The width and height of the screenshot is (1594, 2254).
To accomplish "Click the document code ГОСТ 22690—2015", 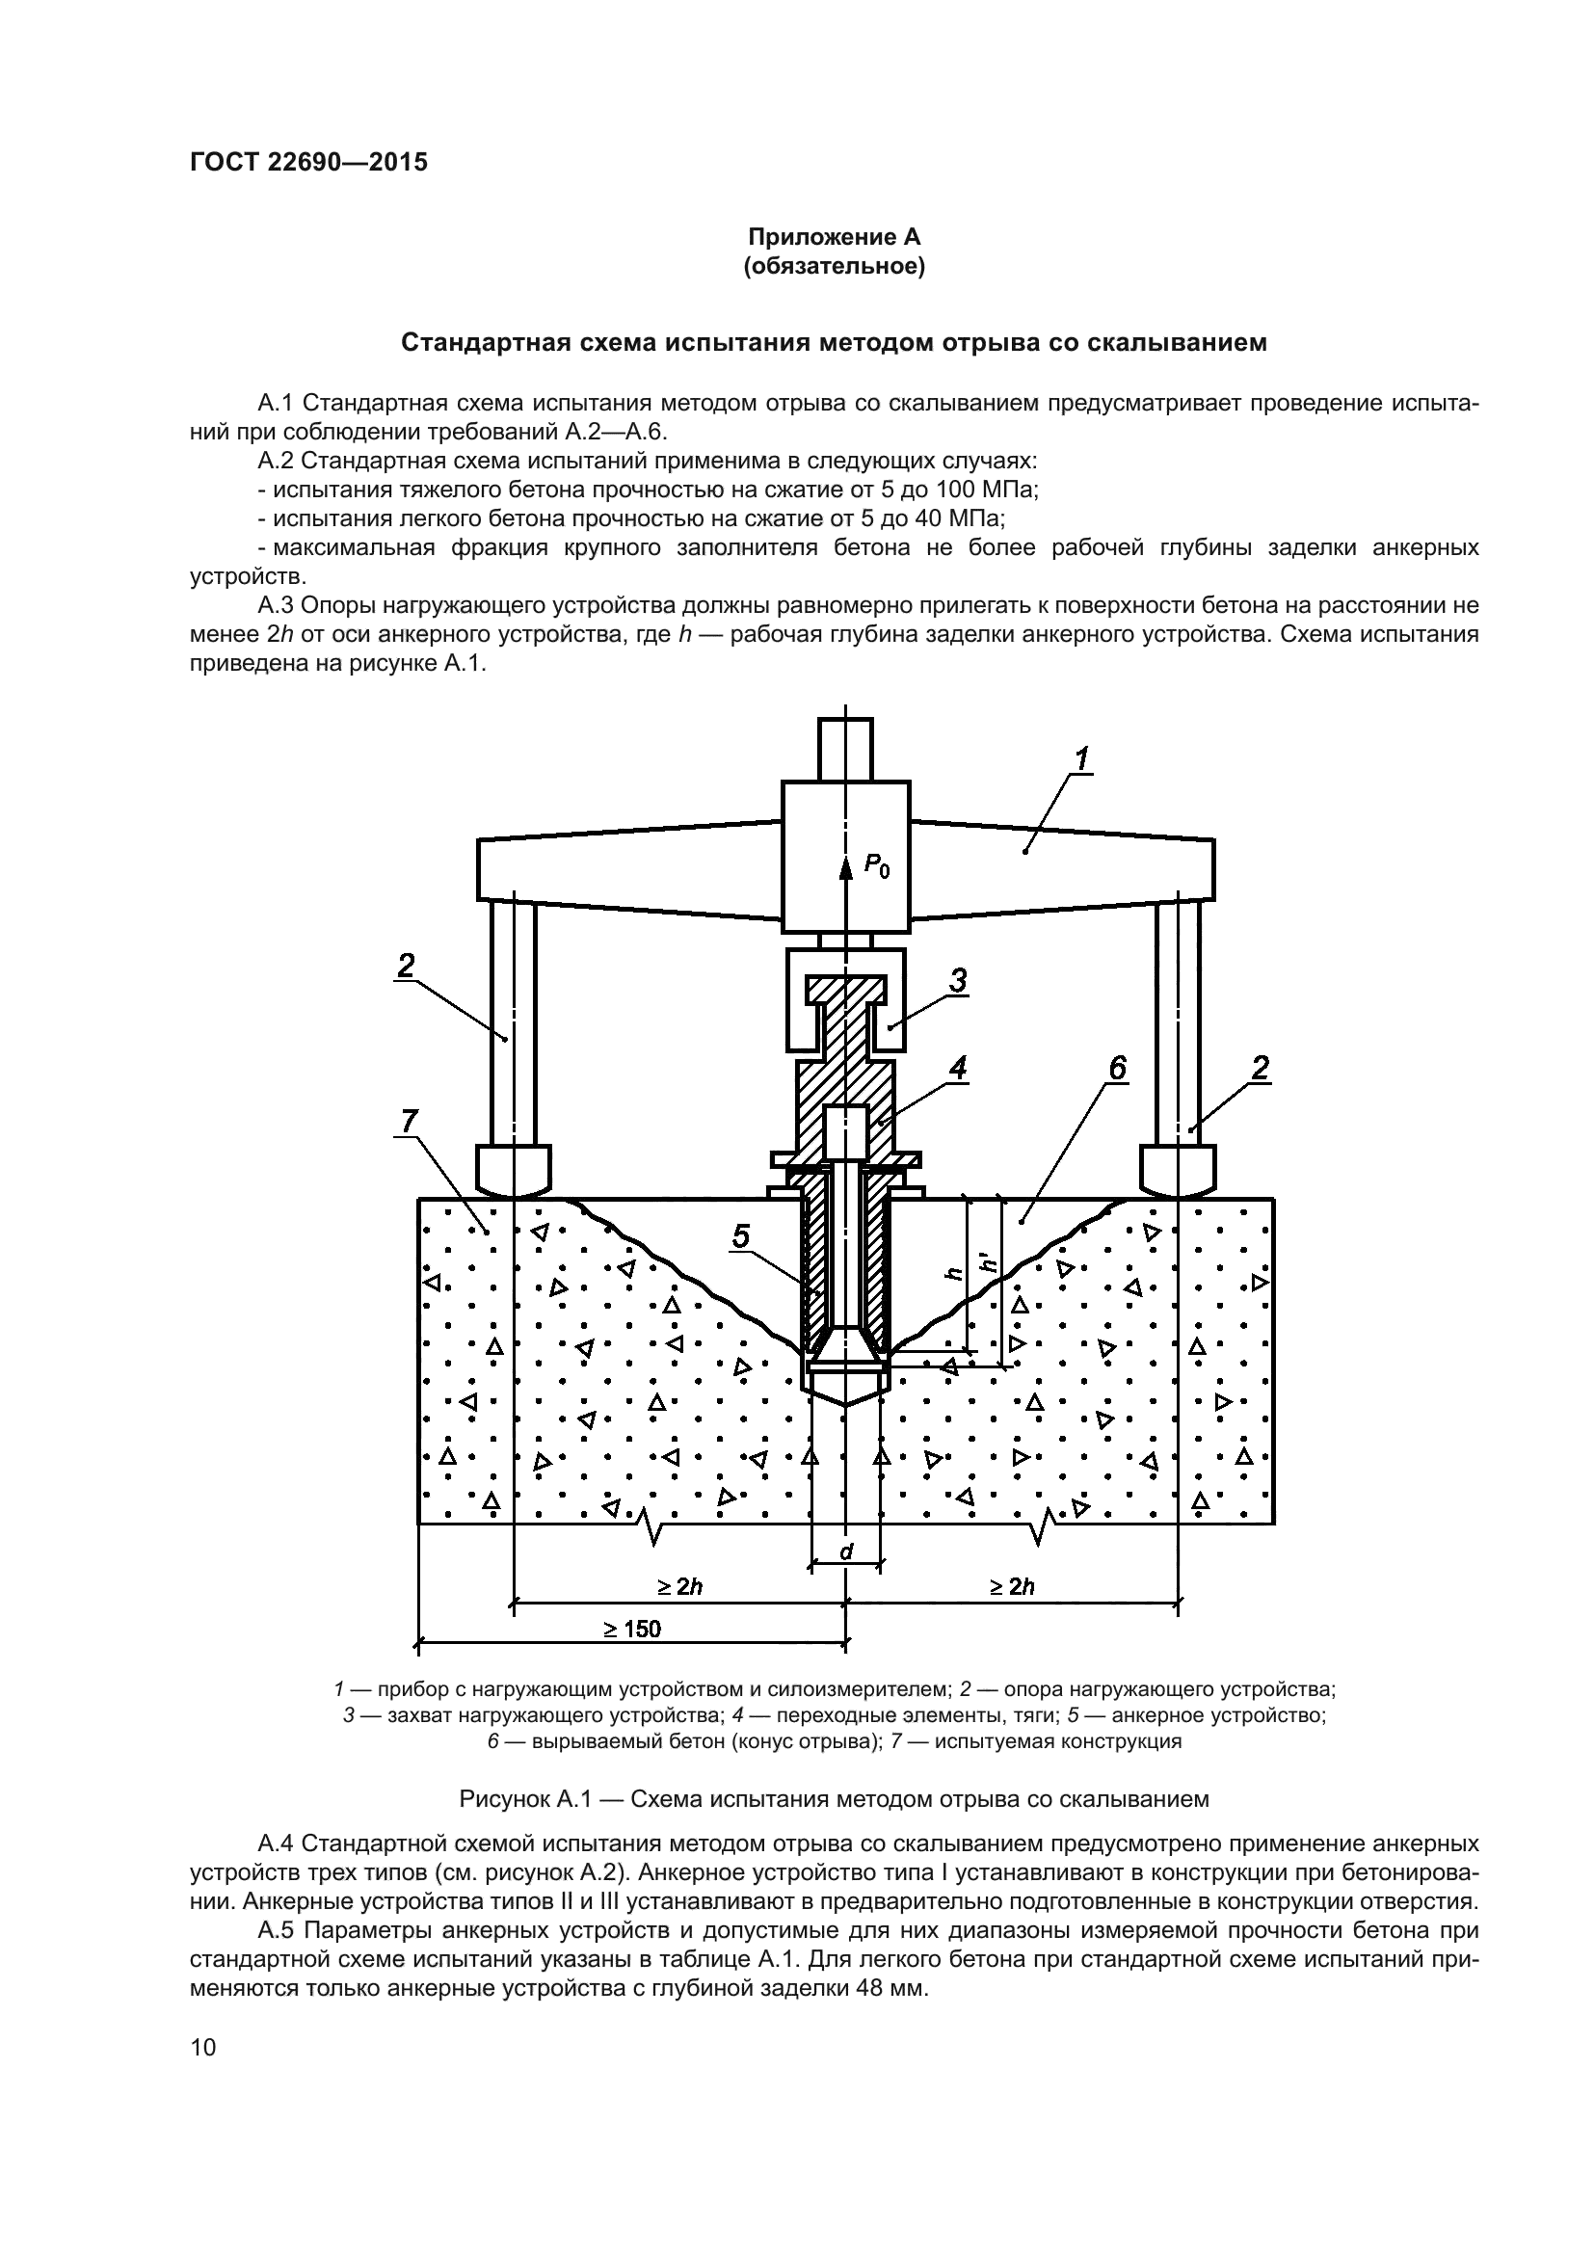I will [308, 163].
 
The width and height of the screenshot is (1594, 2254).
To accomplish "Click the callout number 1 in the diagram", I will [1081, 758].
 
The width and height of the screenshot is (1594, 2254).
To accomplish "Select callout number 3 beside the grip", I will [959, 980].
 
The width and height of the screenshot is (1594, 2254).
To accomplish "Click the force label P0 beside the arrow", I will [876, 867].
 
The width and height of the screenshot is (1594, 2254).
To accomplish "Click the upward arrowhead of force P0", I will [845, 866].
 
